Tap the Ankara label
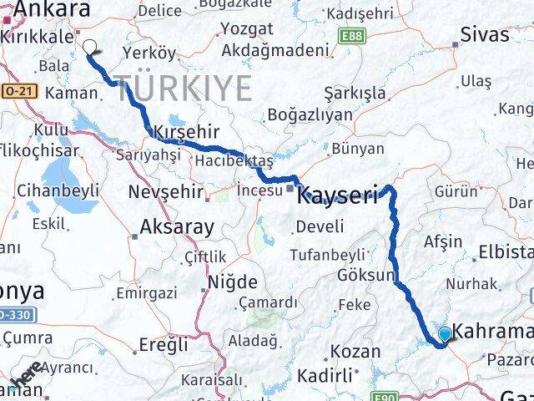click(x=51, y=9)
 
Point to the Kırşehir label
click(x=186, y=132)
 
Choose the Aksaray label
click(x=176, y=226)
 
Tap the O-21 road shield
click(x=12, y=89)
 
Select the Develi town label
click(x=320, y=226)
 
